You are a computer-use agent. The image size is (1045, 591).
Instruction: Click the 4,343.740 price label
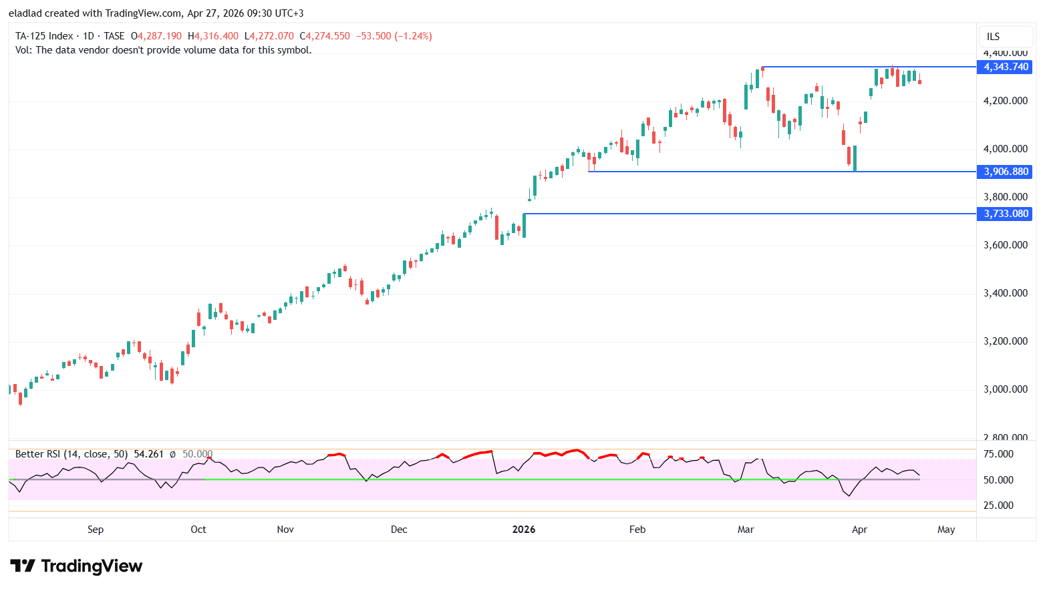point(1005,67)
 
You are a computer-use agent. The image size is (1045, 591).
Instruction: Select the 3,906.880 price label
point(1005,172)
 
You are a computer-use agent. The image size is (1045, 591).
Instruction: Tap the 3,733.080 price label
point(1005,214)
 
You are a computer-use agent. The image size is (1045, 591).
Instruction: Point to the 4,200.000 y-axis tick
point(1005,101)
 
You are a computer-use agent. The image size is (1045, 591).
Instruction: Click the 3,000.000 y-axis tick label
point(1005,389)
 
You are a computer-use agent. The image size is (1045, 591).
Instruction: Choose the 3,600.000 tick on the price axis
point(1005,245)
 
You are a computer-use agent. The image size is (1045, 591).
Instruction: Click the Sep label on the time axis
point(96,530)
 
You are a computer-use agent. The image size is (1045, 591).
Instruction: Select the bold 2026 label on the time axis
point(524,530)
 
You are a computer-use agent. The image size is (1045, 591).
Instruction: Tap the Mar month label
point(746,530)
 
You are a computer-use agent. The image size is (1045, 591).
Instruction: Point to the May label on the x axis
point(946,530)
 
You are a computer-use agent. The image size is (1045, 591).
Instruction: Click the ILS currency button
point(994,37)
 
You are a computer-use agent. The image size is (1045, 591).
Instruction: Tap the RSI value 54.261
point(148,454)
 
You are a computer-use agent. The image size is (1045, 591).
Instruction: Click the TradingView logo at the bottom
point(76,566)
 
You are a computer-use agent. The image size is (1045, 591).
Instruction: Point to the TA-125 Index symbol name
point(44,36)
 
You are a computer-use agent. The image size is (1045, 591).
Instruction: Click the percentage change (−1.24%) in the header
point(413,36)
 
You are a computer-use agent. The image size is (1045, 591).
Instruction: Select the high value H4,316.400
point(213,36)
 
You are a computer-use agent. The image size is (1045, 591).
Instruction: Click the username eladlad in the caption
point(25,13)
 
